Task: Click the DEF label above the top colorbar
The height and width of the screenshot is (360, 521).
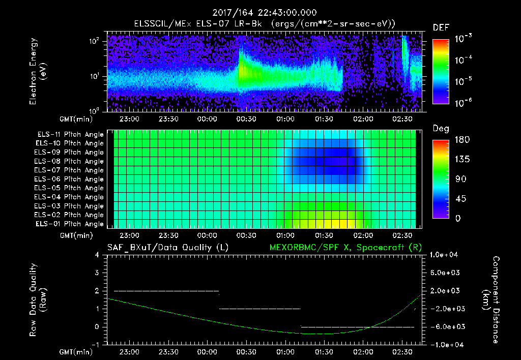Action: click(x=441, y=27)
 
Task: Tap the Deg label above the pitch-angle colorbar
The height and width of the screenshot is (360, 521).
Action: click(x=441, y=129)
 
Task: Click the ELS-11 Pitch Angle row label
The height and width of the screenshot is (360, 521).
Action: click(x=70, y=134)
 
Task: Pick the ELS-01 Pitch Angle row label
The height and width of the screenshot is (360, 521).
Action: click(x=70, y=224)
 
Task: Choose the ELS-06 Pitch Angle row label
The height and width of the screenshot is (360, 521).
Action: click(x=70, y=179)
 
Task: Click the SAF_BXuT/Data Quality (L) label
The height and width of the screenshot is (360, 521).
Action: click(x=167, y=248)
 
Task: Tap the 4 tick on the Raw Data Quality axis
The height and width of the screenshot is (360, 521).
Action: click(x=99, y=255)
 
